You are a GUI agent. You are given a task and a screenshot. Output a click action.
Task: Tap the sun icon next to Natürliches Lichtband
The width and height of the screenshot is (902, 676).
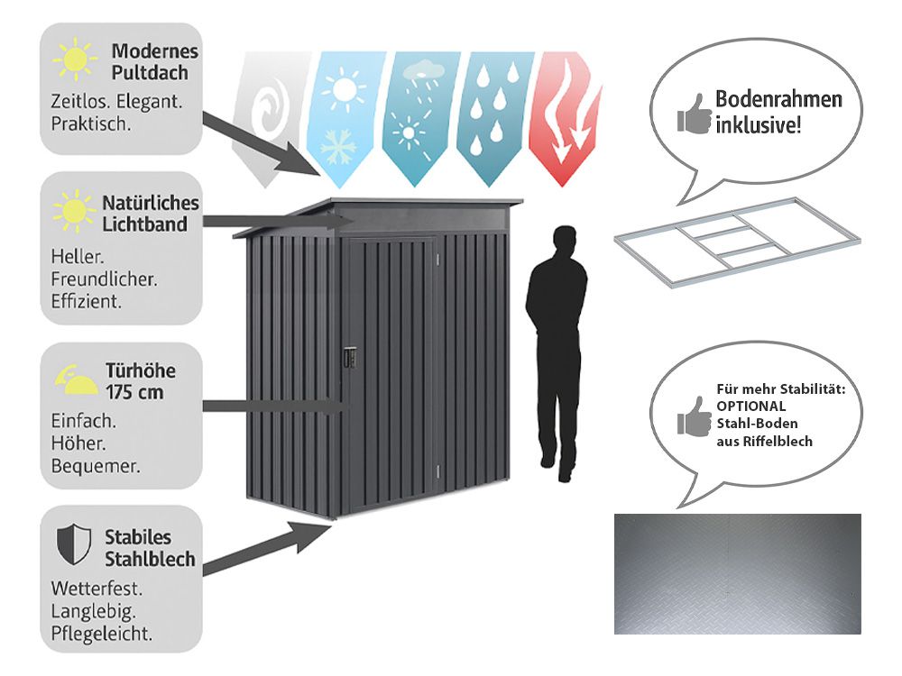74,211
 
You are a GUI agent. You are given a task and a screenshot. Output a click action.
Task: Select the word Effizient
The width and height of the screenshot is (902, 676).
87,301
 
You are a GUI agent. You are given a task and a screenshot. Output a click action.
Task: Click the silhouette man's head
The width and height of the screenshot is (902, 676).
564,242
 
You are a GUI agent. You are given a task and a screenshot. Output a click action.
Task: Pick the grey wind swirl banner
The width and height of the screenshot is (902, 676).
265,113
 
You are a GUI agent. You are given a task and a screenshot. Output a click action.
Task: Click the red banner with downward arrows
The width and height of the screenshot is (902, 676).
566,113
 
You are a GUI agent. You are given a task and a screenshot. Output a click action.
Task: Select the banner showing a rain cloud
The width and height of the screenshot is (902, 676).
416,113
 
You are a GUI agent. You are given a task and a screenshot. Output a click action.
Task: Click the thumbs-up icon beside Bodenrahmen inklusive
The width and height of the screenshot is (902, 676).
694,114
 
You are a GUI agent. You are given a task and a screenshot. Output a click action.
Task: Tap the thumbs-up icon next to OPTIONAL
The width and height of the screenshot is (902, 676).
694,416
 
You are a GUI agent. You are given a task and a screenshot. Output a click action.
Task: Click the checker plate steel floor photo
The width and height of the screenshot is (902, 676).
737,573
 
